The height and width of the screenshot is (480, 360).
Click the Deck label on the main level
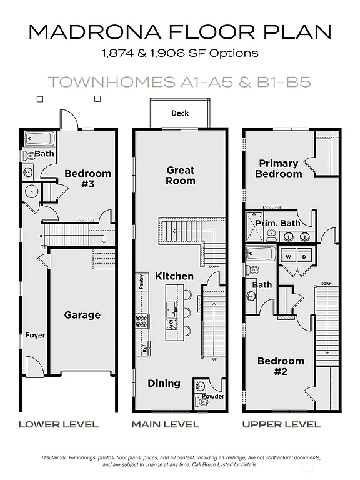180,113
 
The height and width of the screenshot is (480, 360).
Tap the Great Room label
180,175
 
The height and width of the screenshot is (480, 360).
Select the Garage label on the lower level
82,315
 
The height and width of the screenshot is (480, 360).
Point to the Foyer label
36,336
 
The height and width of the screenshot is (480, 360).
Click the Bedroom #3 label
88,178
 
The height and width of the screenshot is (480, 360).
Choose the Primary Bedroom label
279,168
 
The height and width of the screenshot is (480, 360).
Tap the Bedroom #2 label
281,366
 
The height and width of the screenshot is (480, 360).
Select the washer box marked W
289,256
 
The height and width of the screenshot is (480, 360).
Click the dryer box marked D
304,256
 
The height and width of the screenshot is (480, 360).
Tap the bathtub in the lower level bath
39,138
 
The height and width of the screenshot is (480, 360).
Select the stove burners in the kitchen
141,321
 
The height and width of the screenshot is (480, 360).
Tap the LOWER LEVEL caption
58,424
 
